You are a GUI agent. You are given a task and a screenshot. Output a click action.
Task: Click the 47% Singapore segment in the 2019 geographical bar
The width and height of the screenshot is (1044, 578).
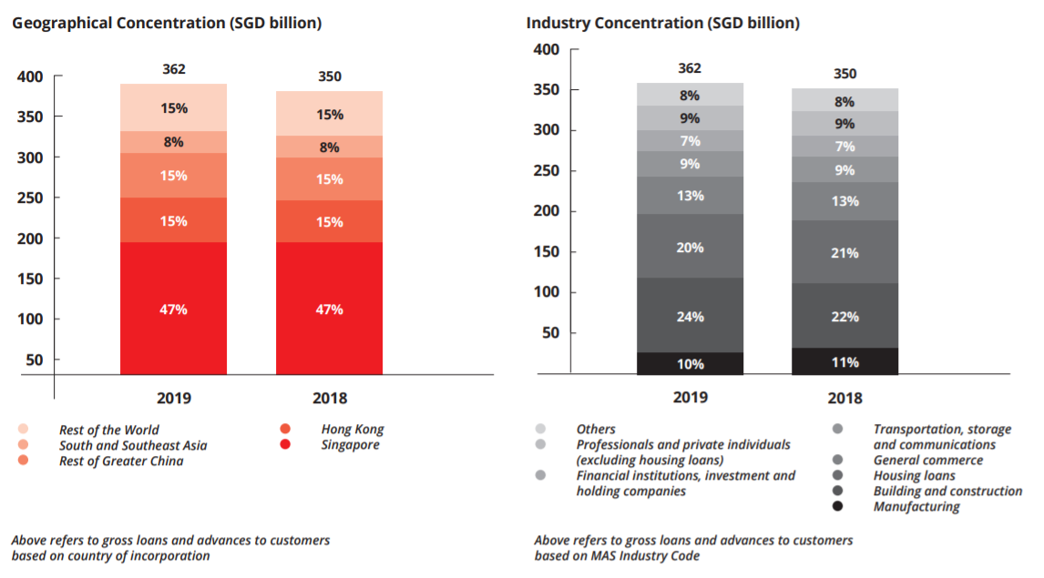tap(173, 309)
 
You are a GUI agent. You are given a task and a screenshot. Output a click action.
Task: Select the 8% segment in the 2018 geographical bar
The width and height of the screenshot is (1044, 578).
tap(330, 147)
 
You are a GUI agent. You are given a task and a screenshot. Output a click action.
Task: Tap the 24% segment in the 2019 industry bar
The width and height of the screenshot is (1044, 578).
tap(690, 316)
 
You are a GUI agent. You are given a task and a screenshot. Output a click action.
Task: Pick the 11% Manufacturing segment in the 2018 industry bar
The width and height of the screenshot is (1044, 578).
tap(845, 361)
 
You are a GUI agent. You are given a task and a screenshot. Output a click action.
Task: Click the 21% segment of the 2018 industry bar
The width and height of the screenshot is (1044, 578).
tap(845, 252)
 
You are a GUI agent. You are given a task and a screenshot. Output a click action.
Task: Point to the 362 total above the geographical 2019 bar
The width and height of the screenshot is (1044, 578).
tap(173, 70)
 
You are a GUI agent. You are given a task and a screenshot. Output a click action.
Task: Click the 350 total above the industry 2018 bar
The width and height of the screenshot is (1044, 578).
tap(845, 74)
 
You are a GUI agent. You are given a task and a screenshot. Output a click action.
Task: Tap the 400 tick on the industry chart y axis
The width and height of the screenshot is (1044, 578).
tap(546, 49)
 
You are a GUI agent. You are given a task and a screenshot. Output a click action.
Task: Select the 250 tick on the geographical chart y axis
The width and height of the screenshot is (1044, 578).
tap(31, 198)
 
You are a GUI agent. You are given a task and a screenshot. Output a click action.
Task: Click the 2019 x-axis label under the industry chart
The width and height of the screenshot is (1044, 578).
tap(690, 397)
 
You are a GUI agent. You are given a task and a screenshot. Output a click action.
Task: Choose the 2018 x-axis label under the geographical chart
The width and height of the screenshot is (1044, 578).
tap(330, 398)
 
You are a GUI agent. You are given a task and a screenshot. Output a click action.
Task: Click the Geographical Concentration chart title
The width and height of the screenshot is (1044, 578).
tap(167, 22)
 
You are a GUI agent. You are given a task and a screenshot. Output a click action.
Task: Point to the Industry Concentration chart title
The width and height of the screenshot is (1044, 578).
tap(663, 22)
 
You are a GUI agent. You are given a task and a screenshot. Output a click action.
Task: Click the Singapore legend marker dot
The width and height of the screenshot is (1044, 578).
tap(286, 445)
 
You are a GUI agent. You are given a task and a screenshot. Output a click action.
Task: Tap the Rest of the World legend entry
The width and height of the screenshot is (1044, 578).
tap(108, 430)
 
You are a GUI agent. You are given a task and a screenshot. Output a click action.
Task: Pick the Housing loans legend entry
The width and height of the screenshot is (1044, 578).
tap(914, 475)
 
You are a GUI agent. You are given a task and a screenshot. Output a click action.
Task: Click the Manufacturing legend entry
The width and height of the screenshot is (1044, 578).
tap(916, 506)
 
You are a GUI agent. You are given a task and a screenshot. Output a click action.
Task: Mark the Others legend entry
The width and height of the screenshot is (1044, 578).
tap(596, 429)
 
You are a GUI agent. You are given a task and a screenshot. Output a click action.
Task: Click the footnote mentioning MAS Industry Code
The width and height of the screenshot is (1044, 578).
tap(693, 548)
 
